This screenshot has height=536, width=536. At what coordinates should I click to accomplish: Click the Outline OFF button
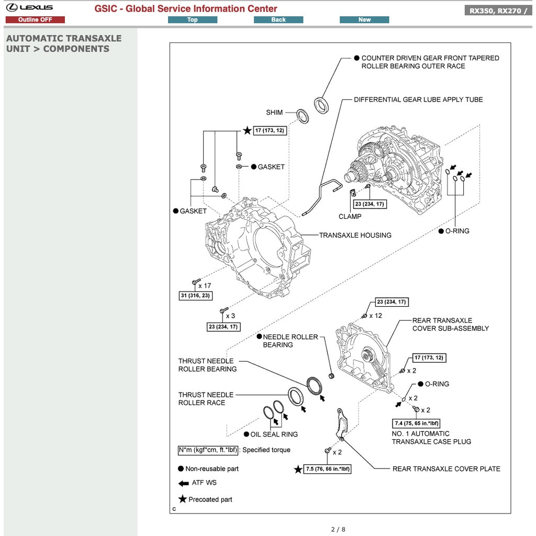click(x=35, y=20)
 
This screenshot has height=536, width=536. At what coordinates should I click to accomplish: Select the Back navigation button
click(x=278, y=20)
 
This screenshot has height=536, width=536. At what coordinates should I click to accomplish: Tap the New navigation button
click(x=364, y=20)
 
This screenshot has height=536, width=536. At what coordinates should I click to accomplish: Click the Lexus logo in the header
click(x=30, y=7)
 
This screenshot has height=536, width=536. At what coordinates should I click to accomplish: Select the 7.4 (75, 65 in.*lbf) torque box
click(x=417, y=423)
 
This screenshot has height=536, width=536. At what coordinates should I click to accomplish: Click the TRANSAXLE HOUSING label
click(x=355, y=236)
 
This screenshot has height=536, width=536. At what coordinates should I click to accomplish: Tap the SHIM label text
click(x=274, y=113)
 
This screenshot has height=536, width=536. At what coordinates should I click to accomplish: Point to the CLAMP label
click(x=350, y=216)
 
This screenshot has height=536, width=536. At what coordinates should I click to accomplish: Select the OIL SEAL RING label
click(x=274, y=434)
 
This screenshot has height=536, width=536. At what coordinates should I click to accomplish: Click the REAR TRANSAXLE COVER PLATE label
click(x=446, y=469)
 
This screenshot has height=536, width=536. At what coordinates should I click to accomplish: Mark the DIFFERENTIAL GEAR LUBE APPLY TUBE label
click(x=418, y=99)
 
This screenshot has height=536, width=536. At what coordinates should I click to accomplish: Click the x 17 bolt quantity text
click(x=205, y=286)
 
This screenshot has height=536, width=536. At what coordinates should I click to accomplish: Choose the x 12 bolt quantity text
click(x=375, y=316)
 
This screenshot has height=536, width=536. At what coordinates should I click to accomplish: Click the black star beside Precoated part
click(x=183, y=499)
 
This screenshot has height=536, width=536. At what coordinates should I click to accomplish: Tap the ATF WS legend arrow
click(x=183, y=483)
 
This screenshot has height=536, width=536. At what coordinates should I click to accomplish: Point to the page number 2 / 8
click(x=338, y=529)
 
